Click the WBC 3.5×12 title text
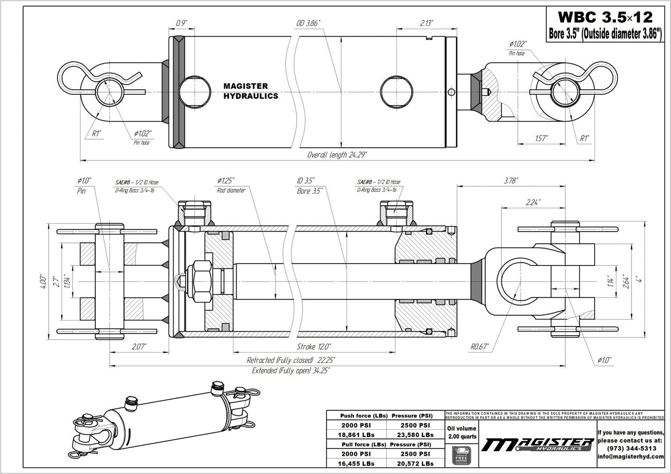(x=605, y=17)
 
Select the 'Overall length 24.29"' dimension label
(x=337, y=155)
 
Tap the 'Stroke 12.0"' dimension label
(x=314, y=346)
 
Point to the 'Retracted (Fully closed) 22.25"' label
(x=291, y=360)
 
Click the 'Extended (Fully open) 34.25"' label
(x=291, y=371)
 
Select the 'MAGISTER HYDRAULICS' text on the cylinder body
(x=251, y=91)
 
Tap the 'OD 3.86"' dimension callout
(x=308, y=24)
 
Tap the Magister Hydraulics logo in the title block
(x=537, y=444)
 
